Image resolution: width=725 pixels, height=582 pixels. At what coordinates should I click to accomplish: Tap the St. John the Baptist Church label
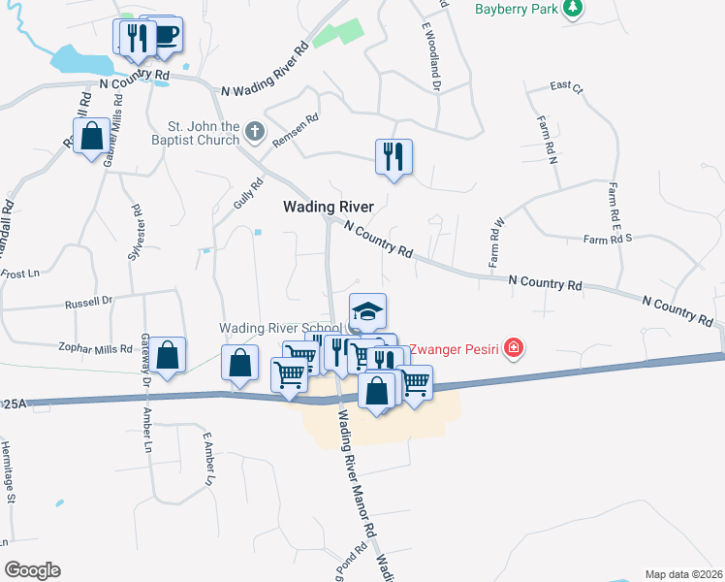tap(204, 133)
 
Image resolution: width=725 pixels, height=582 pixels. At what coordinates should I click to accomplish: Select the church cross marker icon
tap(254, 131)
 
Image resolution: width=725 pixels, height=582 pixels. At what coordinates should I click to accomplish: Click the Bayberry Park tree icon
tap(574, 9)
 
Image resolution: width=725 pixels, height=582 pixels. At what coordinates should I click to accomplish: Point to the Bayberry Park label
tap(518, 10)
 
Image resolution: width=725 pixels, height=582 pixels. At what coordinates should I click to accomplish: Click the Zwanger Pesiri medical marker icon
tap(513, 347)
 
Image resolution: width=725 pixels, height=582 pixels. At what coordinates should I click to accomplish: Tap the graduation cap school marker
tap(367, 312)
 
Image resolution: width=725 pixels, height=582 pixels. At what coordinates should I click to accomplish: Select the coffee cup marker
tap(165, 36)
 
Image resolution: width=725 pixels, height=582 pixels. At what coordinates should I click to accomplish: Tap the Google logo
tap(32, 569)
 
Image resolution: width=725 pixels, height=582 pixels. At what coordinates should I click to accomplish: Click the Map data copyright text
tap(683, 574)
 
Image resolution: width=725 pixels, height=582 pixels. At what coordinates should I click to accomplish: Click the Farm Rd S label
tap(608, 238)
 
